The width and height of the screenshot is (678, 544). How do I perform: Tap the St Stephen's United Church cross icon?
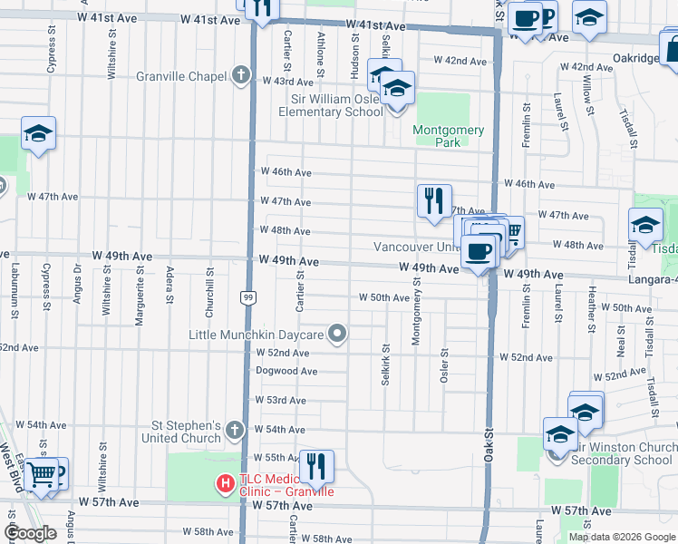pyautogui.click(x=234, y=429)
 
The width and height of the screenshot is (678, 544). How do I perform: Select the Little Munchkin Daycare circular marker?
pyautogui.click(x=337, y=335)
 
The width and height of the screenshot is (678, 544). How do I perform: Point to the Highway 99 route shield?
pyautogui.click(x=247, y=296)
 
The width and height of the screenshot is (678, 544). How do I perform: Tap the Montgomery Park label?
pyautogui.click(x=448, y=136)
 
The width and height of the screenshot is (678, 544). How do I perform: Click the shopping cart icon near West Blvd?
pyautogui.click(x=41, y=472)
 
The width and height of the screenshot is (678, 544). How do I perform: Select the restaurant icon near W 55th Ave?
pyautogui.click(x=316, y=466)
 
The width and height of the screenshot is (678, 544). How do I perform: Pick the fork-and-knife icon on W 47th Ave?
pyautogui.click(x=434, y=200)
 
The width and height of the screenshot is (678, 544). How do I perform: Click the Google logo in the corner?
pyautogui.click(x=31, y=532)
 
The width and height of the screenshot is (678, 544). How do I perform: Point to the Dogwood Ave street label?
pyautogui.click(x=286, y=371)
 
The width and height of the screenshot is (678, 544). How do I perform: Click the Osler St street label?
pyautogui.click(x=444, y=365)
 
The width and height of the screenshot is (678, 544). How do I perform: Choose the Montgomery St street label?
pyautogui.click(x=417, y=311)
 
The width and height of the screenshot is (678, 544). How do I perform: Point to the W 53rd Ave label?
pyautogui.click(x=283, y=400)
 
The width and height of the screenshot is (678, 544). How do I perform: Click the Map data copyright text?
pyautogui.click(x=622, y=537)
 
